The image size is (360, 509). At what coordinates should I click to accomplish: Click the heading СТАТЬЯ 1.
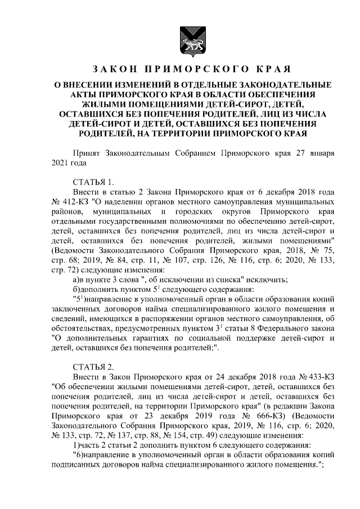coord(93,181)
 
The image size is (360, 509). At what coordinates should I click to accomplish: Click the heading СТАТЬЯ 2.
coord(93,366)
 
